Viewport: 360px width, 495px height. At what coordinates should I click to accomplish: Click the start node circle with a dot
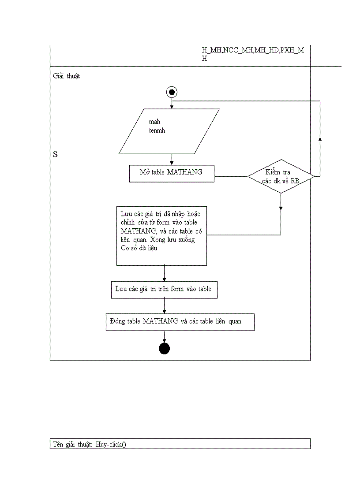coord(172,92)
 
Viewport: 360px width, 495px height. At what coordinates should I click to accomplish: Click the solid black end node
coord(164,348)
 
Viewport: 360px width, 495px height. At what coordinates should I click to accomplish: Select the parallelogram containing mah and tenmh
coord(169,131)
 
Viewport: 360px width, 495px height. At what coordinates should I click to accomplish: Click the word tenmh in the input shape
coord(157,131)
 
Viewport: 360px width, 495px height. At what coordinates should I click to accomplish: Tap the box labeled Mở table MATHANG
coord(171,173)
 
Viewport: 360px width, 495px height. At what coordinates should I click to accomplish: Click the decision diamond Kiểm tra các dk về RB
coord(281,176)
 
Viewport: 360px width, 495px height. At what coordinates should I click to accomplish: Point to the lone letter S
coord(56,154)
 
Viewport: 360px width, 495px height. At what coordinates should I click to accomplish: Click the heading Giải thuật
coord(67,76)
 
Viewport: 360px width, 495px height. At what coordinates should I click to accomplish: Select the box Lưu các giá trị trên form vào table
coord(164,290)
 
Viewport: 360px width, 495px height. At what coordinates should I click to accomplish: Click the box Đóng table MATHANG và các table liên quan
coord(180,322)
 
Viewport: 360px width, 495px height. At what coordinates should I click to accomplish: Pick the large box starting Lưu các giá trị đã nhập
coord(161,235)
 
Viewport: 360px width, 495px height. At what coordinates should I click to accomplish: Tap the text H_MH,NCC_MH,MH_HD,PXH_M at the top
coord(253,50)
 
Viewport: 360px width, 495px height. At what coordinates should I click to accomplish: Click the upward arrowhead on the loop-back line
coord(320,139)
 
